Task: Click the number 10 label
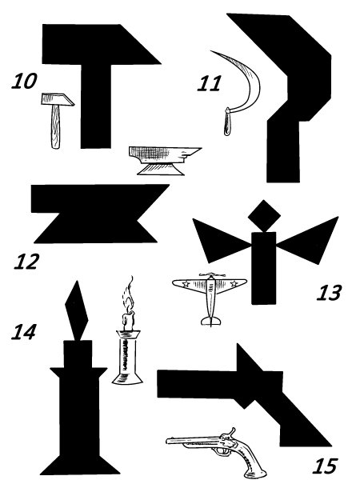coord(25,81)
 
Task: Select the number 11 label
coord(209,83)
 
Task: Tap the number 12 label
coord(26,262)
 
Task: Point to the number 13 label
coord(329,293)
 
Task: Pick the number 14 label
coord(24,332)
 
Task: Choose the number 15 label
coord(325,466)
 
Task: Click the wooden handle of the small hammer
coord(55,126)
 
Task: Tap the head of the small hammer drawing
coord(58,99)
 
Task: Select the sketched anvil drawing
coord(165,160)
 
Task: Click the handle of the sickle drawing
coord(227,122)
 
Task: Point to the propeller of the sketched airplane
coord(212,275)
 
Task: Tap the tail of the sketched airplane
coord(210,321)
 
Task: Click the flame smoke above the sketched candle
coord(128,294)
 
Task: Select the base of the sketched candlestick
coord(127,378)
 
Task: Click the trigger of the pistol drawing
coord(223,450)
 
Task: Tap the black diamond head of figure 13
coord(264,216)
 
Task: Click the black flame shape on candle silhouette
coord(76,310)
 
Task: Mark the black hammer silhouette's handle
coord(96,106)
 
